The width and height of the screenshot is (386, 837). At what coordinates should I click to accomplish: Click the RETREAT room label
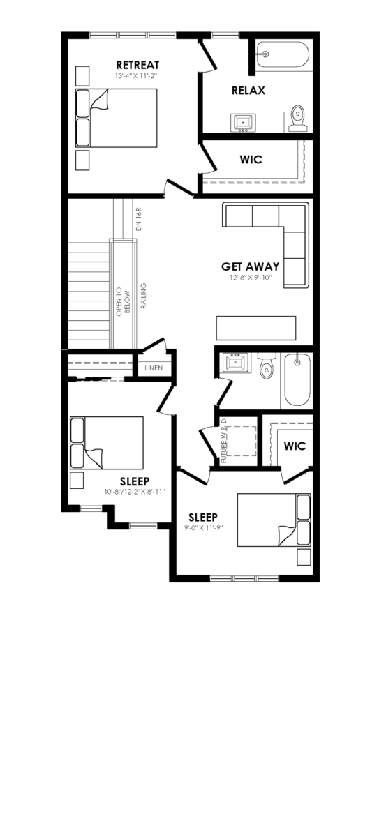[138, 65]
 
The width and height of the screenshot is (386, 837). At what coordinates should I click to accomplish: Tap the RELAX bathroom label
[248, 91]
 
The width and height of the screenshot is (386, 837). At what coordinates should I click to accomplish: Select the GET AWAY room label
[250, 266]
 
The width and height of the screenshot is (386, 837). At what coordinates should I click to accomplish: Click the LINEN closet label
[154, 368]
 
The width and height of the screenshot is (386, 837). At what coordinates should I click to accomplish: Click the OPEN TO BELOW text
[123, 301]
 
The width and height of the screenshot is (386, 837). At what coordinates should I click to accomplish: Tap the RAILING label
[144, 296]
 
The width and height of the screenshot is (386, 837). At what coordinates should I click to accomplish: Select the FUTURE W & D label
[224, 441]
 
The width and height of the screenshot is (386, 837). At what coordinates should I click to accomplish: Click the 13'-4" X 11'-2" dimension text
[138, 76]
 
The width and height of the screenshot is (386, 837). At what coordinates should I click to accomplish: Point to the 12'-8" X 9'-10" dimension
[250, 278]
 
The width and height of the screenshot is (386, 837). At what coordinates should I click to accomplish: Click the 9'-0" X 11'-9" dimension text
[203, 527]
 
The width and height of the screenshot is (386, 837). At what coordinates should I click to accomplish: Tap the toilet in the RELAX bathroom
[298, 119]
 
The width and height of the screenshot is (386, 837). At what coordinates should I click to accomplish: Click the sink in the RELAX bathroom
[243, 122]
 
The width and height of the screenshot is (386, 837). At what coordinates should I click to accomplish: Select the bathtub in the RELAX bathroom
[283, 56]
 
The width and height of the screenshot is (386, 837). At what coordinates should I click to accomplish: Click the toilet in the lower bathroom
[267, 365]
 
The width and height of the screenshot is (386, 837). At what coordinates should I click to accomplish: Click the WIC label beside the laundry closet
[295, 446]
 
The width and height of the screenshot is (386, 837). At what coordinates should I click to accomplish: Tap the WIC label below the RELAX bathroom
[251, 160]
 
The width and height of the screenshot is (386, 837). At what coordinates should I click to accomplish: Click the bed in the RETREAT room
[117, 118]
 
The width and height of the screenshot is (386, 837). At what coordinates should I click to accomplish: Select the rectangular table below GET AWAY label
[256, 328]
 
